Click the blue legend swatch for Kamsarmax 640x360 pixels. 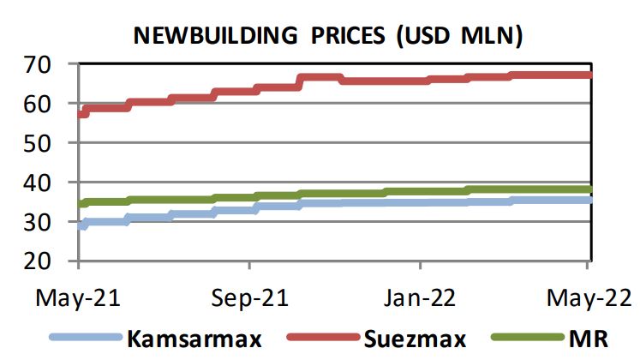[x=87, y=338]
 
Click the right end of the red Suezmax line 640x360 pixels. [x=589, y=75]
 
